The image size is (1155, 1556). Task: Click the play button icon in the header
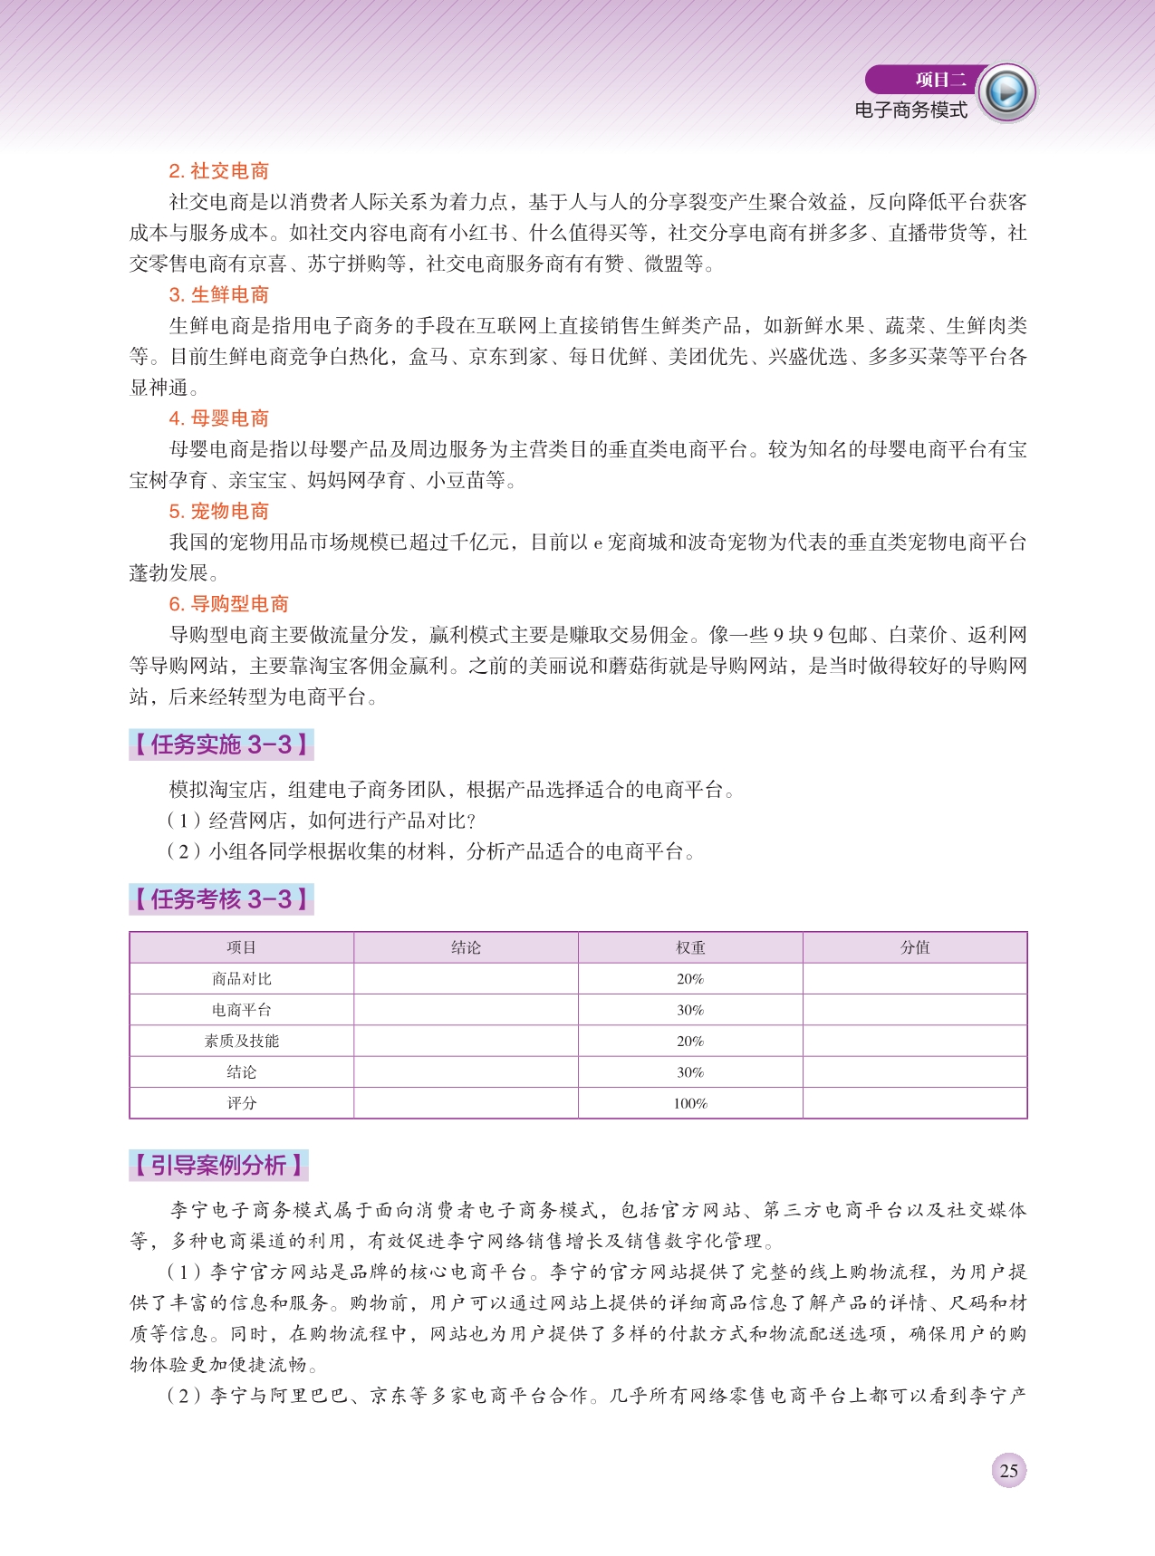(1006, 92)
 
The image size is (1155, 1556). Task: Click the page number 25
(1008, 1471)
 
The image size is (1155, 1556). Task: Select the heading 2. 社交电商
(218, 171)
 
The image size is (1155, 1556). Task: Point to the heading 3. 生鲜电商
(218, 294)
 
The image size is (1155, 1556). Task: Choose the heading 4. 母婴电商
(218, 418)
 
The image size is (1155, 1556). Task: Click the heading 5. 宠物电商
(218, 511)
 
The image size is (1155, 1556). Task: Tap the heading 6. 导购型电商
(228, 604)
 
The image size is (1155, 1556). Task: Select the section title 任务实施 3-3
(221, 744)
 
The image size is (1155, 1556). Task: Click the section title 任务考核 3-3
(221, 899)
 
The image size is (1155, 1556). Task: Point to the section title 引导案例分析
(218, 1165)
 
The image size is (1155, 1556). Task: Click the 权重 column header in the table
(690, 947)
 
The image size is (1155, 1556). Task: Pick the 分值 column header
(915, 947)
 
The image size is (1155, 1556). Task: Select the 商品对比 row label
(241, 979)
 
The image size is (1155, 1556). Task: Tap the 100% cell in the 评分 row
(690, 1103)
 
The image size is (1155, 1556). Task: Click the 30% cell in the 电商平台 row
(690, 1010)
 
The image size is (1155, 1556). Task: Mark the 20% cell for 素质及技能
(690, 1042)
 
